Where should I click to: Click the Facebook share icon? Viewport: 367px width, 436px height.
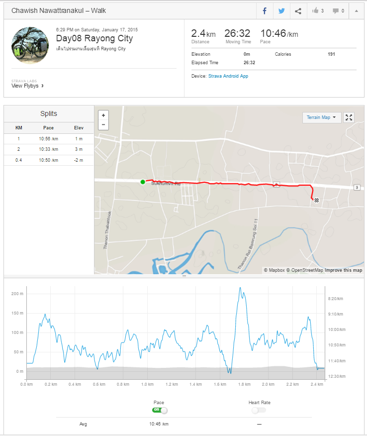(265, 11)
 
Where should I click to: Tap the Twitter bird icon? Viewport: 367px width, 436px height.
(281, 11)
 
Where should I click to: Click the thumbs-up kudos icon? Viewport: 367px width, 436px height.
(315, 10)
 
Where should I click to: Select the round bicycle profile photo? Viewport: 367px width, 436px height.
(30, 45)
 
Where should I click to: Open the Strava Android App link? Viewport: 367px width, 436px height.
(228, 76)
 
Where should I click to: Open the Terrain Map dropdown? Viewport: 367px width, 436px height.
(321, 117)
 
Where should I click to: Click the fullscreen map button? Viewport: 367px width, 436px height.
(349, 117)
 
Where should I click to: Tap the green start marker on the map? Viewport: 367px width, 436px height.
(143, 182)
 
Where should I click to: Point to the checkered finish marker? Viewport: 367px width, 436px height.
(316, 200)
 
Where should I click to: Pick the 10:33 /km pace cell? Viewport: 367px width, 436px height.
(48, 149)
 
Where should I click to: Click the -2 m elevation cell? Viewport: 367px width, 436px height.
(79, 160)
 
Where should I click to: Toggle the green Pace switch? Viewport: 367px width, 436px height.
(160, 410)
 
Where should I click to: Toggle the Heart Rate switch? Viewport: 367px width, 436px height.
(259, 410)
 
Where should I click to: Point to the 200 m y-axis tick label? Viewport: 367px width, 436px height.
(17, 294)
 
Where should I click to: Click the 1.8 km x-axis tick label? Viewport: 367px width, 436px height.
(244, 384)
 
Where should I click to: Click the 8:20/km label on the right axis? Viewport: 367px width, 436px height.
(335, 299)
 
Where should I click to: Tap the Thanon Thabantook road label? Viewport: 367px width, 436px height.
(107, 230)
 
